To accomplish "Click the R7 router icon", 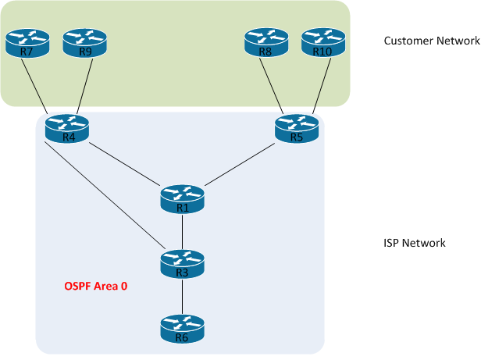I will click(27, 44).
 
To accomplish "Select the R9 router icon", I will click(84, 44).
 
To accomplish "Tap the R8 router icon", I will click(266, 44).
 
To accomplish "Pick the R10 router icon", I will click(323, 44).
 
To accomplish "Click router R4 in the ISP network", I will click(67, 130).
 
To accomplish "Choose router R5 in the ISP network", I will click(297, 130).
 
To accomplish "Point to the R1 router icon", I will click(182, 199).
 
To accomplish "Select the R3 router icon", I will click(182, 265).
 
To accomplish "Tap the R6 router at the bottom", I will click(182, 330).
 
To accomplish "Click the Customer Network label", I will click(432, 40).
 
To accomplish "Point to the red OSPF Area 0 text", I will click(95, 287).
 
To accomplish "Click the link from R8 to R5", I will click(273, 86).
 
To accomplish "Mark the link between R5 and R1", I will click(241, 162).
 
